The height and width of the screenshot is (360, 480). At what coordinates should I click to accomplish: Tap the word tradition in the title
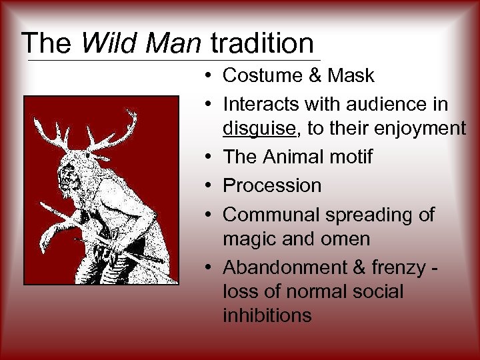tap(262, 44)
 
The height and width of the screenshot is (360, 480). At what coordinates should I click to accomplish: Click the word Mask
tap(351, 76)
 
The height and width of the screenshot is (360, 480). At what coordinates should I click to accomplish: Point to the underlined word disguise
tap(260, 129)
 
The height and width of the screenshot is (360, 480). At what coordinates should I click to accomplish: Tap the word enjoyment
tap(423, 129)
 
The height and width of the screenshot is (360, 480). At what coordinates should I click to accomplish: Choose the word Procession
tap(272, 185)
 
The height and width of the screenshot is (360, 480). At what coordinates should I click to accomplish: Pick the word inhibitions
tap(267, 315)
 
